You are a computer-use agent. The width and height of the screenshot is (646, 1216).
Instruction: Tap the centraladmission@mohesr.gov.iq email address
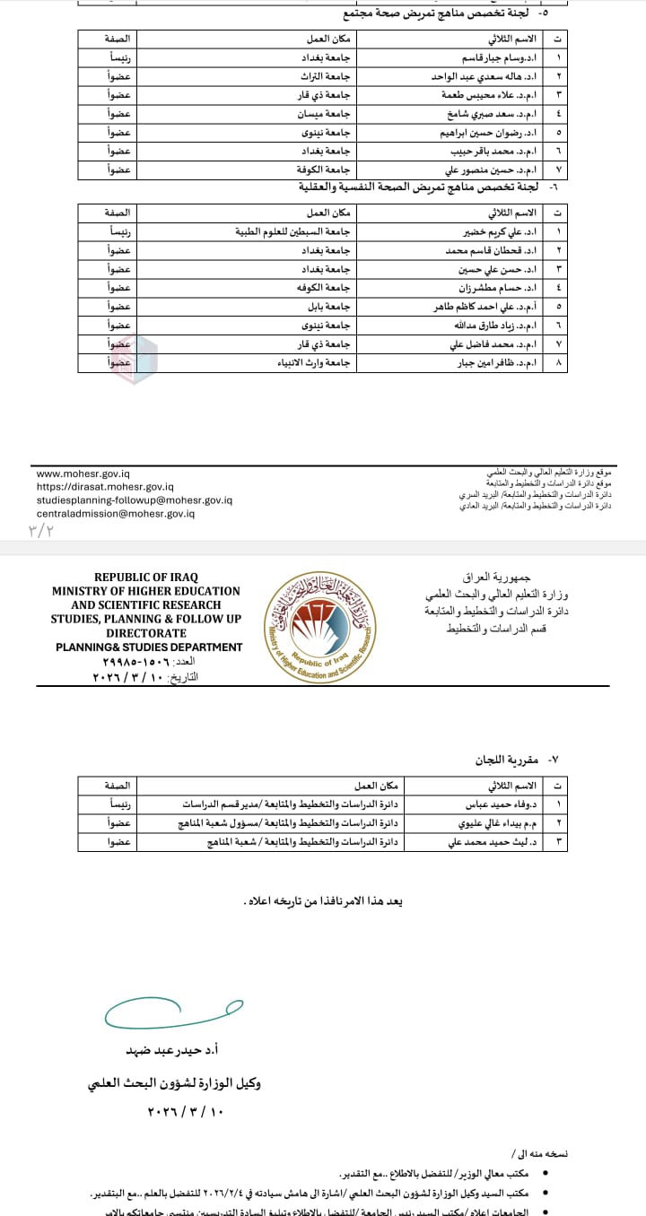[x=115, y=513]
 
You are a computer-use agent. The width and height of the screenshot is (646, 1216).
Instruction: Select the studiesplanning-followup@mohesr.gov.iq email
[x=135, y=500]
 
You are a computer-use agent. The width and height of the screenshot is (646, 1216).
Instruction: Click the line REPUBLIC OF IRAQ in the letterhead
[x=145, y=578]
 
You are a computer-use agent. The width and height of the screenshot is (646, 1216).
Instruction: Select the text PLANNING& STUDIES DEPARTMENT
[x=149, y=647]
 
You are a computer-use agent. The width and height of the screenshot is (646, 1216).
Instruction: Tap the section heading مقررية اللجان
[x=506, y=760]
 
